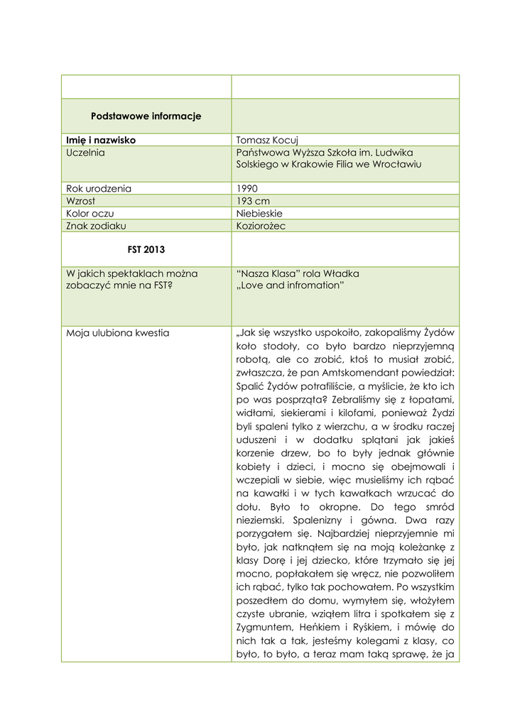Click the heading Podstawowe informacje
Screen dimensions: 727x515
[146, 116]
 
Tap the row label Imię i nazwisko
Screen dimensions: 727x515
[101, 141]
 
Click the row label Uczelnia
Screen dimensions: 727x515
[86, 153]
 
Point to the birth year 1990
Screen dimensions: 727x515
[247, 189]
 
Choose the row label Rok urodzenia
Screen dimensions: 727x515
[99, 189]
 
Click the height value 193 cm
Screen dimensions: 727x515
[253, 201]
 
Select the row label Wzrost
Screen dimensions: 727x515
[82, 201]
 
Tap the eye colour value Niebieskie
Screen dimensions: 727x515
[260, 213]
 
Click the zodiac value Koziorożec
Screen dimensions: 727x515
[261, 226]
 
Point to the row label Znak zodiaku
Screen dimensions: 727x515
[96, 226]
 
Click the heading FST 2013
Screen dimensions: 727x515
[146, 249]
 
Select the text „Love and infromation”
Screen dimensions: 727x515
[290, 285]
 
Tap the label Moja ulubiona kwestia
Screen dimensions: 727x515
[118, 332]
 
